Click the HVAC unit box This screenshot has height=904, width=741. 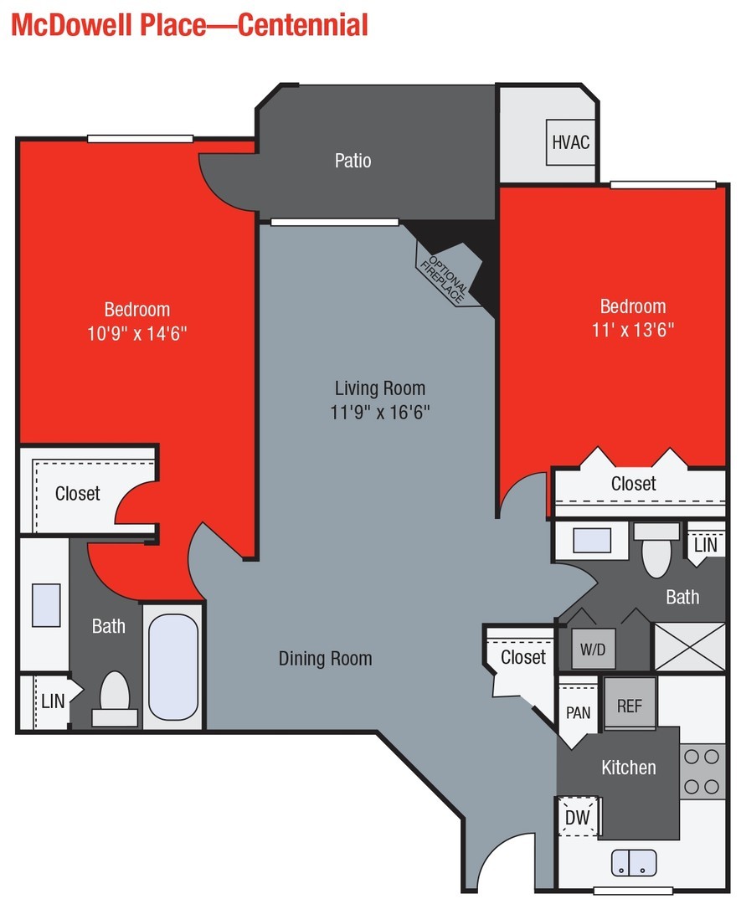[x=570, y=141]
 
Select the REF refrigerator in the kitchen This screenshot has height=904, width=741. [x=630, y=704]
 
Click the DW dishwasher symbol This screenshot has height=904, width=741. [x=577, y=817]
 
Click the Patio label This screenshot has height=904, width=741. [x=352, y=160]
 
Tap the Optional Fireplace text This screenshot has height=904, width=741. [x=448, y=274]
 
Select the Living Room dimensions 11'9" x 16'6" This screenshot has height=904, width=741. [x=380, y=412]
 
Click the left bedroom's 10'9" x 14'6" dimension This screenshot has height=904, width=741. [x=136, y=332]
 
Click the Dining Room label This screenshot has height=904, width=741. [x=325, y=659]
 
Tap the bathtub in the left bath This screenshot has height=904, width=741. [x=173, y=656]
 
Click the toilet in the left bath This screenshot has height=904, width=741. [x=115, y=698]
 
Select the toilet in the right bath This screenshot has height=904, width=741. [x=656, y=552]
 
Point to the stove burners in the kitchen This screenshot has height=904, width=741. [x=701, y=771]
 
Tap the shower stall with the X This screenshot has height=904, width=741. [x=688, y=647]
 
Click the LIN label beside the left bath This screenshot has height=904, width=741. [x=52, y=701]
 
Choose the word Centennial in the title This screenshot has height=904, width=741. [x=303, y=25]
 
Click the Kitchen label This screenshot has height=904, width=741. [x=628, y=767]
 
